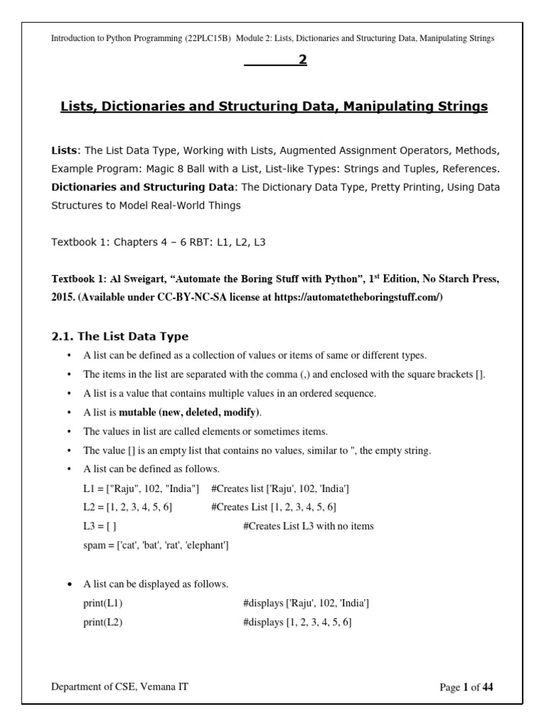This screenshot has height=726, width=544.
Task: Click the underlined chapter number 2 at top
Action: (x=302, y=60)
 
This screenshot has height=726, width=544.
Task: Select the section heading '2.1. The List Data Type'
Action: (x=120, y=336)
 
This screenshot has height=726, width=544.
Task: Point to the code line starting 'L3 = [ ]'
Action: (x=100, y=526)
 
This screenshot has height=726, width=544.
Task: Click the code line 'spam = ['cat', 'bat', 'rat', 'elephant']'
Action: (x=156, y=545)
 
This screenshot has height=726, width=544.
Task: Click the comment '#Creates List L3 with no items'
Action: (x=308, y=526)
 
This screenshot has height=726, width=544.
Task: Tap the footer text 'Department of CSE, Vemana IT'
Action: (x=120, y=686)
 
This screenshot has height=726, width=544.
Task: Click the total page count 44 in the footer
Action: (x=487, y=688)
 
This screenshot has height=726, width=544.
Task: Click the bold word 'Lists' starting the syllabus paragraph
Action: (x=64, y=151)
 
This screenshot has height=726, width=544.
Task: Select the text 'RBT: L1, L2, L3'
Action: (x=225, y=242)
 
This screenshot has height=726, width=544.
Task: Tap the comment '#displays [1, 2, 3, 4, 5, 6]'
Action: (x=297, y=622)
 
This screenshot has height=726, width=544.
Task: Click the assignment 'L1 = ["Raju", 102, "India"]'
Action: (x=141, y=488)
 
